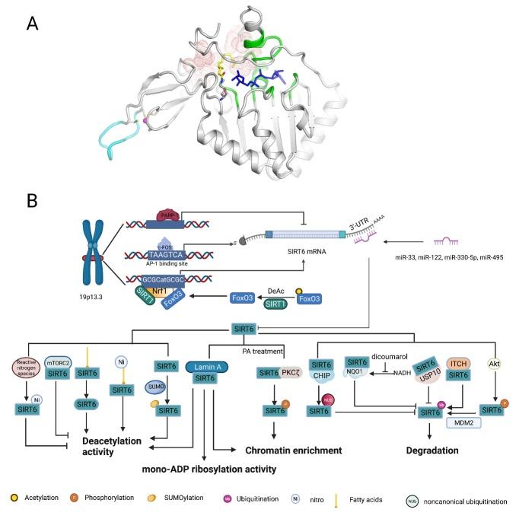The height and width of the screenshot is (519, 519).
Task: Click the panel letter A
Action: click(x=33, y=24)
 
